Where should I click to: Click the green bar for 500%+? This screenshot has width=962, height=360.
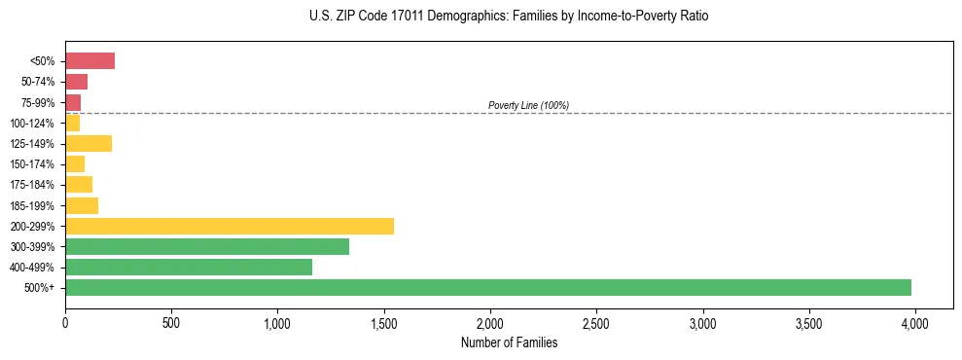(488, 287)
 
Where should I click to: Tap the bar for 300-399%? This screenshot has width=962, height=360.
(207, 246)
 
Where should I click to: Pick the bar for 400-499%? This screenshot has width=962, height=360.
(189, 267)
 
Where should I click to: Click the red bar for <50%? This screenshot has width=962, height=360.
(89, 61)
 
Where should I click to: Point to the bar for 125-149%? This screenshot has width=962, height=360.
(89, 143)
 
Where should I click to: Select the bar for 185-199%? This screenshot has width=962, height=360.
(82, 205)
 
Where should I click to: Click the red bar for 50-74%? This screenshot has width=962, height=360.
(76, 82)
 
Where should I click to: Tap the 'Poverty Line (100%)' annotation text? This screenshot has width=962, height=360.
(528, 105)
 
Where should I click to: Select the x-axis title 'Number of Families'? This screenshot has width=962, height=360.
(509, 342)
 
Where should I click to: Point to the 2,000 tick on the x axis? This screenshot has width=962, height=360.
(490, 321)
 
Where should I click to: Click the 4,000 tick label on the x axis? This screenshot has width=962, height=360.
(914, 321)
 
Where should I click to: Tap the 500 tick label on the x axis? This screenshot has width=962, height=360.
(171, 321)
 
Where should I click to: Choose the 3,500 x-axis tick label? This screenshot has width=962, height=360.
(808, 321)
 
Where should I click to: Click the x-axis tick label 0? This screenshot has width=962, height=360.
(65, 321)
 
